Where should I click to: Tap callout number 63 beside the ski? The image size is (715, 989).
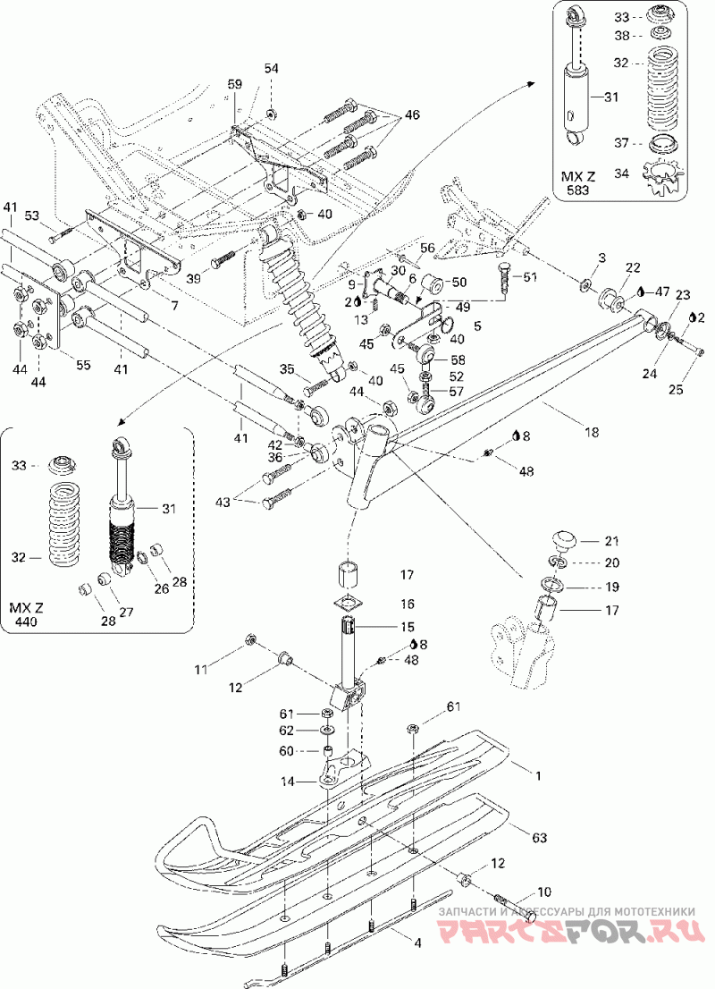coord(538,838)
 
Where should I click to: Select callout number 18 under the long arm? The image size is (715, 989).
coord(592,433)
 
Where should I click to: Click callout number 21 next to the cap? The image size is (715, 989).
coord(610,541)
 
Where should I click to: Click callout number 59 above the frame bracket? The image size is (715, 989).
coord(234,83)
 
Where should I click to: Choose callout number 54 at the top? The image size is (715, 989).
coord(271,68)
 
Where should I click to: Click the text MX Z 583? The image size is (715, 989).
coord(578,182)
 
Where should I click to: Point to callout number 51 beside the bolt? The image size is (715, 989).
coord(530,276)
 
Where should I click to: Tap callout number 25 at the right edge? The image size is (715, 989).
coord(676,390)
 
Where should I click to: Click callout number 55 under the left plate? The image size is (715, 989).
coord(83,365)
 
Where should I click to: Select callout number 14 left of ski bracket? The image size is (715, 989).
coord(288,782)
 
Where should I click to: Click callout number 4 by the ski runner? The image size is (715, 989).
coord(416,943)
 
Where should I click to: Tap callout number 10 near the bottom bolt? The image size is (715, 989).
coord(543,892)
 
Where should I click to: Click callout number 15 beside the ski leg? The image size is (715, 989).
coord(407,627)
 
